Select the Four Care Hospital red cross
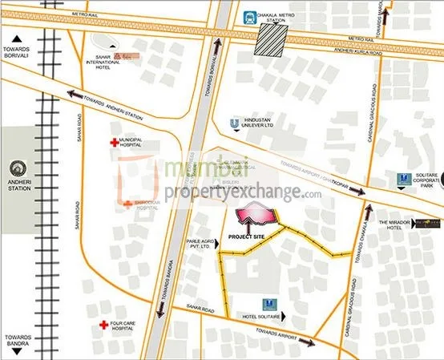click(x=103, y=326)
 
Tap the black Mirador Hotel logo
click(x=424, y=227)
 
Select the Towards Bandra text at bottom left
click(x=17, y=341)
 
